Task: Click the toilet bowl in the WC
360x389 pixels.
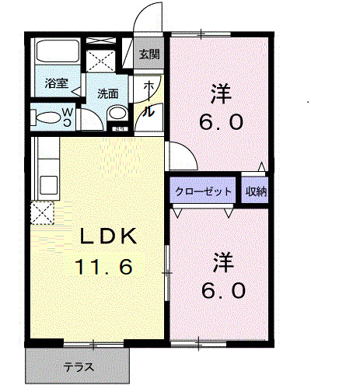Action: tap(47, 117)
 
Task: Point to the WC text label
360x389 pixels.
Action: tap(68, 117)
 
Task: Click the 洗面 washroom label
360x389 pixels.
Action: tap(107, 93)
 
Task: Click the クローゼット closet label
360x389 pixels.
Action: tap(203, 191)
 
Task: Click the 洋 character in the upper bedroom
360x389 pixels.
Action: tap(220, 93)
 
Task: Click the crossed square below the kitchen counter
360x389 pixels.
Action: tap(41, 212)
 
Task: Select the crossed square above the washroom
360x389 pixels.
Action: tap(100, 61)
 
